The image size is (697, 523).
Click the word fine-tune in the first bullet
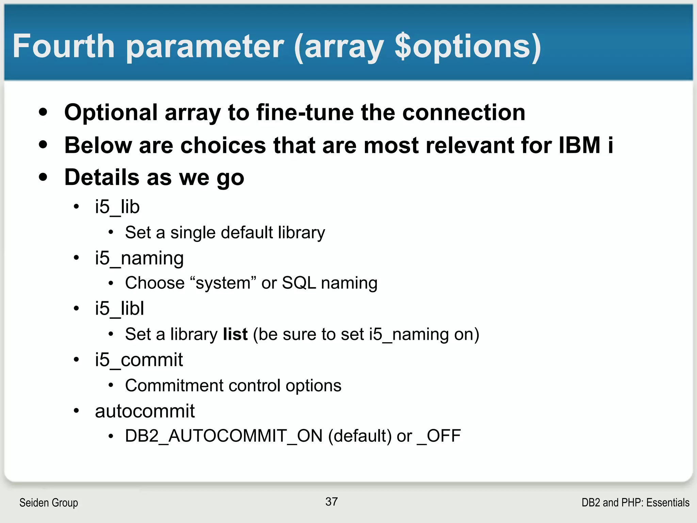click(x=305, y=112)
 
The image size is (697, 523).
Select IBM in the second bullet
click(x=579, y=145)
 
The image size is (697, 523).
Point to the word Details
click(x=102, y=177)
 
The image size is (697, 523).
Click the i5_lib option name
click(x=117, y=207)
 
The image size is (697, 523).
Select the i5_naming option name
click(x=139, y=258)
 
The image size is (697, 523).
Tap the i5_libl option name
click(x=119, y=308)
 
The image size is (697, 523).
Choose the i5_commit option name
click(x=139, y=360)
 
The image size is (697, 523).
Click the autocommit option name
click(x=145, y=411)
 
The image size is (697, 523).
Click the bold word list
click(x=235, y=334)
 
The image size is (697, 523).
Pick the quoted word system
click(x=223, y=283)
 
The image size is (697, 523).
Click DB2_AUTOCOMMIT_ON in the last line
click(x=224, y=436)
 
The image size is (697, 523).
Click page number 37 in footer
click(x=331, y=502)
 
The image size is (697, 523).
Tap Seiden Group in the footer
click(x=49, y=503)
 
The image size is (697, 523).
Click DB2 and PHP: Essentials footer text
click(x=635, y=503)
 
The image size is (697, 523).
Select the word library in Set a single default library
click(x=301, y=233)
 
